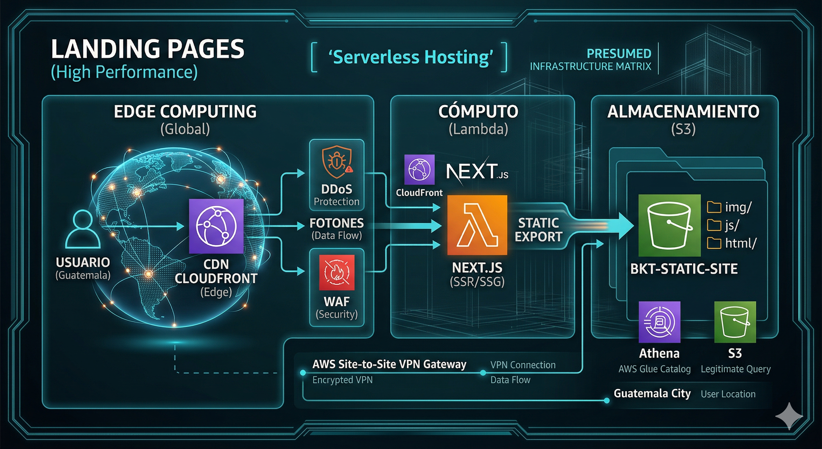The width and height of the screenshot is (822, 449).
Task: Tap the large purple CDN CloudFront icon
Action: click(216, 226)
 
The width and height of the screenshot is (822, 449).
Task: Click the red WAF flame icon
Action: click(337, 272)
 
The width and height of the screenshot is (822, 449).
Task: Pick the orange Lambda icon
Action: click(477, 225)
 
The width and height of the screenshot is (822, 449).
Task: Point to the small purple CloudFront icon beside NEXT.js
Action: click(419, 170)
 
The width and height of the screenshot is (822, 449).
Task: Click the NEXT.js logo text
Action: click(477, 172)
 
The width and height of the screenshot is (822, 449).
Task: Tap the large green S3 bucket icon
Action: click(669, 225)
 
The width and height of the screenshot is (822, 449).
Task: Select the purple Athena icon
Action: click(659, 322)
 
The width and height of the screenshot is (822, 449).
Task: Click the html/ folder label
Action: click(741, 244)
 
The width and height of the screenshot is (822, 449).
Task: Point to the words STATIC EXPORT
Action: click(539, 230)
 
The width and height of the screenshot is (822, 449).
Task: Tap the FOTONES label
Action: click(337, 223)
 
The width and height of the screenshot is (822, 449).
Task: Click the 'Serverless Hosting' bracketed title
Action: click(411, 58)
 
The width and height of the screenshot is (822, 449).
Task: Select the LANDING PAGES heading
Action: click(147, 49)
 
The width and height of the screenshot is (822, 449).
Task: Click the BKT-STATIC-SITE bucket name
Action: click(684, 269)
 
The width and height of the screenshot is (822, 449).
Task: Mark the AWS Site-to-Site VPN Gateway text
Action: click(389, 364)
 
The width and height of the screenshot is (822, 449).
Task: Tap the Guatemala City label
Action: click(652, 393)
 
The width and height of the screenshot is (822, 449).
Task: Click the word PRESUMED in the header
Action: click(619, 54)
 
